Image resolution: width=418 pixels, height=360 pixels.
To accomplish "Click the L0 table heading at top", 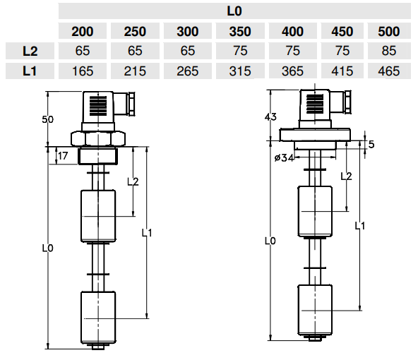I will [235, 11].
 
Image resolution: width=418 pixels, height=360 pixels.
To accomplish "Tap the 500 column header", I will [388, 32].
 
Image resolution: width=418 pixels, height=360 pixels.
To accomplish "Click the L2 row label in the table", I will [30, 51].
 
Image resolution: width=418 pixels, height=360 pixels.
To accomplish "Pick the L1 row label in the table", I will [30, 71].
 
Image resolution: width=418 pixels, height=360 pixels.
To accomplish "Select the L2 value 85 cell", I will [388, 51].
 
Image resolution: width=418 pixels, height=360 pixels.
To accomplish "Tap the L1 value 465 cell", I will [388, 71].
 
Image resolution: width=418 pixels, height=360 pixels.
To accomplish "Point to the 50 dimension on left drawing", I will [47, 119].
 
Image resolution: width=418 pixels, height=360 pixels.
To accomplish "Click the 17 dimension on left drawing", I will [64, 156].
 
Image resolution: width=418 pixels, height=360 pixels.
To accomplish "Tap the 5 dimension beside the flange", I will [371, 145].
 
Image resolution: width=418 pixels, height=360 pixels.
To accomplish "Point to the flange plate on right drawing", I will [315, 134].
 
